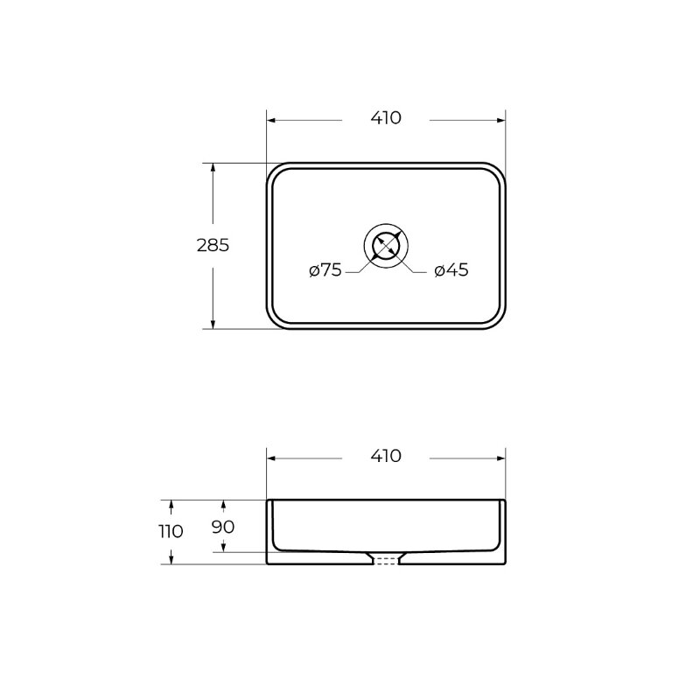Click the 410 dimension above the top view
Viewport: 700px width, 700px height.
tap(386, 118)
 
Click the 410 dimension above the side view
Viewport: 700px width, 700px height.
tap(386, 456)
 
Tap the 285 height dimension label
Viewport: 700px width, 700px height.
tap(213, 245)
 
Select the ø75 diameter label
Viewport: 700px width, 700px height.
tap(325, 269)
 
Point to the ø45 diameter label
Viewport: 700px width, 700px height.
tap(451, 269)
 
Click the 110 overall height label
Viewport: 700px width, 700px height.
tap(171, 531)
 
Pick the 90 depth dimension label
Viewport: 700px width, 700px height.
tap(223, 527)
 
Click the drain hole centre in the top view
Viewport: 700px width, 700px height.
tap(386, 246)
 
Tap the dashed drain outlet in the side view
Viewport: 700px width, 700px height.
tap(386, 561)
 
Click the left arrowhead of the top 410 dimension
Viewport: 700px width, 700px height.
tap(270, 120)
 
